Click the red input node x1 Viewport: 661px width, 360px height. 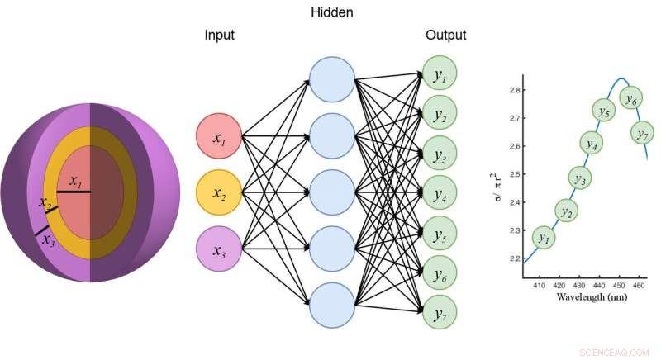tap(219, 137)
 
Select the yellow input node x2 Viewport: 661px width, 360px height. tap(219, 193)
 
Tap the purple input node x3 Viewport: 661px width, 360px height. tap(219, 249)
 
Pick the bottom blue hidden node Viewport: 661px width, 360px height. tap(332, 306)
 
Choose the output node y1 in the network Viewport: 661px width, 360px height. tap(440, 76)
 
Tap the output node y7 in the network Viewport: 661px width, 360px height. tap(440, 314)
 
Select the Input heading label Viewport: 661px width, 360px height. tap(220, 36)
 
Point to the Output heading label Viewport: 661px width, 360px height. tap(445, 36)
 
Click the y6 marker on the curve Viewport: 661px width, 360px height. tap(631, 98)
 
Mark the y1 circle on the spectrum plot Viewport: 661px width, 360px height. tap(543, 238)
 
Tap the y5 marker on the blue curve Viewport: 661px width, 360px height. tap(604, 110)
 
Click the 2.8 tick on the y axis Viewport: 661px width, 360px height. tap(514, 89)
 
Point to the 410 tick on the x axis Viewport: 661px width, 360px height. tap(540, 285)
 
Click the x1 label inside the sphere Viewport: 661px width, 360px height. tap(75, 181)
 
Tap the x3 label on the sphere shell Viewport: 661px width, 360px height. tap(47, 239)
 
